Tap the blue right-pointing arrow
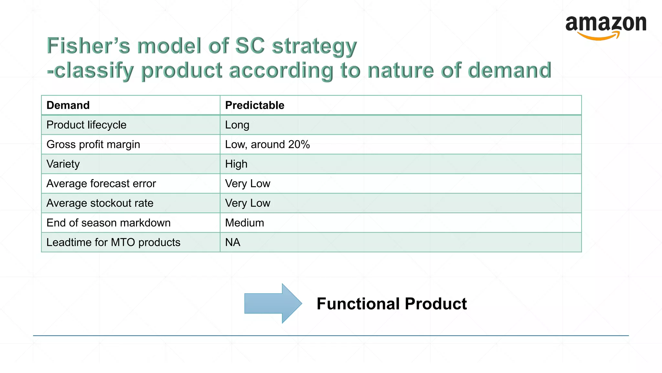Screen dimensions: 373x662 point(272,303)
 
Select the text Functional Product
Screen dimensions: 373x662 point(391,304)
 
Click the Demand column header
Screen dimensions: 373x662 point(68,105)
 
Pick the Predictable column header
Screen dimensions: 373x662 point(254,105)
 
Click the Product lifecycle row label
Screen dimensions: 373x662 point(86,125)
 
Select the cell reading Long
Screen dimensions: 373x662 point(237,125)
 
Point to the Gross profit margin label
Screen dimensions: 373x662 point(93,144)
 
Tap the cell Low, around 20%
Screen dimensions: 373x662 point(267,144)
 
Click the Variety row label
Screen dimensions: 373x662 point(63,164)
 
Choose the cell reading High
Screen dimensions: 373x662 point(236,164)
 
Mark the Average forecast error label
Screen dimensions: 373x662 point(101,184)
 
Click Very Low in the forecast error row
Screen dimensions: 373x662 point(248,184)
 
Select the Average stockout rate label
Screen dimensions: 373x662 point(100,203)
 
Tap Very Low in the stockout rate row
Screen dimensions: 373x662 point(248,203)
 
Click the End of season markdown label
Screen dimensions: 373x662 point(108,223)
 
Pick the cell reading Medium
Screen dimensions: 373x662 point(244,223)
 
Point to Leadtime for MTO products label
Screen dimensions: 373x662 point(113,243)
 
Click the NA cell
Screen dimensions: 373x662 point(232,243)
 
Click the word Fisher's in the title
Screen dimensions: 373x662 point(88,46)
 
